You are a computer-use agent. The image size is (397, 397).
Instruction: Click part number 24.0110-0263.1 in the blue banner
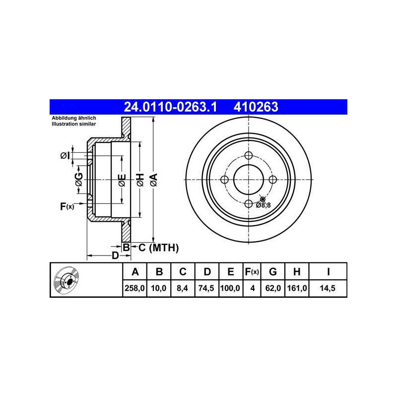[170, 107]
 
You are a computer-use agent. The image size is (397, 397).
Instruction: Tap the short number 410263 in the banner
[256, 107]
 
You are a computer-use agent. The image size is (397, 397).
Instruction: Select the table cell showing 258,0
[134, 288]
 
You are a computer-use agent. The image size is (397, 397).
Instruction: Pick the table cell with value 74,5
[206, 288]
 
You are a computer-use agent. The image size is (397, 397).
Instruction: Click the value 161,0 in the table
[297, 288]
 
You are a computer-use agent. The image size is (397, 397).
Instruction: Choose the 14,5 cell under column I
[328, 288]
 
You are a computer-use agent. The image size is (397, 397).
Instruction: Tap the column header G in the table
[272, 271]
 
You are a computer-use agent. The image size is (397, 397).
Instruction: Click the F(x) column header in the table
[252, 271]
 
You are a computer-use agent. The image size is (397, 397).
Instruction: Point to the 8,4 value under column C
[182, 288]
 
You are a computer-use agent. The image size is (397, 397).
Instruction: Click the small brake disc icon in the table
[66, 280]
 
